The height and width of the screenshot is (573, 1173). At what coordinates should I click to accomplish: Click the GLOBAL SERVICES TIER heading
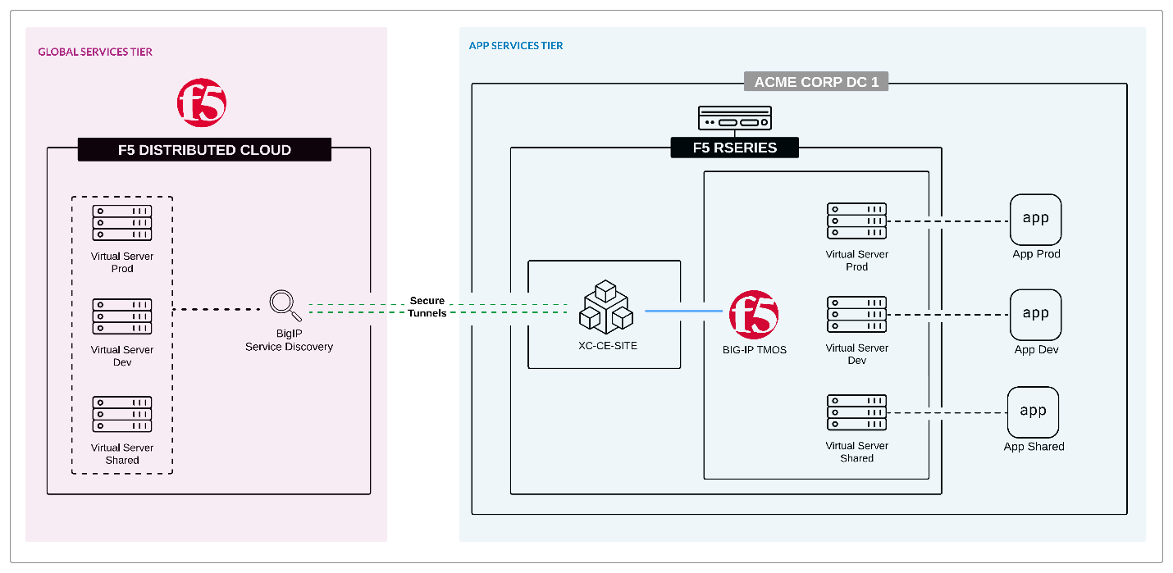click(95, 52)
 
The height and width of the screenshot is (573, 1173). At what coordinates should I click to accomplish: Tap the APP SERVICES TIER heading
click(516, 46)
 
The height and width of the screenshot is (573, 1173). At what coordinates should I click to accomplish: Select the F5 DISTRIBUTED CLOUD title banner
click(204, 150)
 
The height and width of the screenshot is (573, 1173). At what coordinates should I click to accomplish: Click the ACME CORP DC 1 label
click(816, 81)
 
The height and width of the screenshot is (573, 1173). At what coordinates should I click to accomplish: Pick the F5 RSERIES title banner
click(734, 148)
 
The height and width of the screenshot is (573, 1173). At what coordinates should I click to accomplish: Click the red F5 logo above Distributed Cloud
click(202, 102)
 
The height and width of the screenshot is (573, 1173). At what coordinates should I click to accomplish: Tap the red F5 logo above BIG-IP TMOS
click(754, 315)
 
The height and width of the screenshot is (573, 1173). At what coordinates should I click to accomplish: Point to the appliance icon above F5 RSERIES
click(734, 119)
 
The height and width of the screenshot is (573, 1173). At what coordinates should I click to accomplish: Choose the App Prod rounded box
click(1035, 220)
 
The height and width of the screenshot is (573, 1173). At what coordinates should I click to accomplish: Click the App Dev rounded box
click(1035, 314)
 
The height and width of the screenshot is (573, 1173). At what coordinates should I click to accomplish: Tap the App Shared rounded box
click(1033, 412)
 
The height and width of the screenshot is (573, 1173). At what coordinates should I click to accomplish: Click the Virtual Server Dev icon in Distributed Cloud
click(122, 316)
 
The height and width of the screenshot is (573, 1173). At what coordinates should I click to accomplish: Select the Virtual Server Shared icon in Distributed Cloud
click(122, 415)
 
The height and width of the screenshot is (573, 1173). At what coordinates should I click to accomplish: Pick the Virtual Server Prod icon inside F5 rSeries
click(856, 221)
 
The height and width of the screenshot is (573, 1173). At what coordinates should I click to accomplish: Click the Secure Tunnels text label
click(427, 307)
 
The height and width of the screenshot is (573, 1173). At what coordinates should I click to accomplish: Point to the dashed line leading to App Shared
click(947, 413)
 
